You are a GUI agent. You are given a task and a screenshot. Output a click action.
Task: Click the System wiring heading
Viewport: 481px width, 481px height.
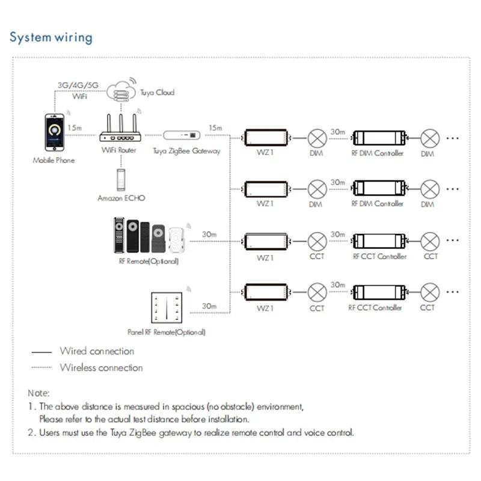point(51,37)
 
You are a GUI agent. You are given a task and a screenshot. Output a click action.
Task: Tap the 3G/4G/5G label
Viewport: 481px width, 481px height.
point(78,85)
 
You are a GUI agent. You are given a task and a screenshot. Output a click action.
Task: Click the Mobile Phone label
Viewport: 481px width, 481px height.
point(54,161)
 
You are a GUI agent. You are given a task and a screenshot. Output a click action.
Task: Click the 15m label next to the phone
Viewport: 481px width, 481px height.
point(75,127)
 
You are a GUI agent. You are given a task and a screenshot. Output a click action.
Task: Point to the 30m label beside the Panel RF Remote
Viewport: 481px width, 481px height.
point(209,306)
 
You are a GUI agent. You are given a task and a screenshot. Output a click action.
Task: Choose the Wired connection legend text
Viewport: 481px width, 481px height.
point(97,351)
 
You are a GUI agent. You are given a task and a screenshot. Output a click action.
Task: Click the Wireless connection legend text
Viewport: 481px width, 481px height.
point(101,367)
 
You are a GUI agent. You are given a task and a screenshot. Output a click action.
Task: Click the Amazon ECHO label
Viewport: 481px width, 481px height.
point(121,198)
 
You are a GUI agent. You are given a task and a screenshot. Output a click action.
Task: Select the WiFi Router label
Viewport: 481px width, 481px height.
point(118,150)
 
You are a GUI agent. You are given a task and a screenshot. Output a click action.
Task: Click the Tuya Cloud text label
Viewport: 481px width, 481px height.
point(157,93)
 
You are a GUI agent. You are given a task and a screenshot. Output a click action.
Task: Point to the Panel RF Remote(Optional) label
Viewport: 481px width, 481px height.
point(167,332)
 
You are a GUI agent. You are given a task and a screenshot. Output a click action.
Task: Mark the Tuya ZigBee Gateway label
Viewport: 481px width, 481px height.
point(186,152)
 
